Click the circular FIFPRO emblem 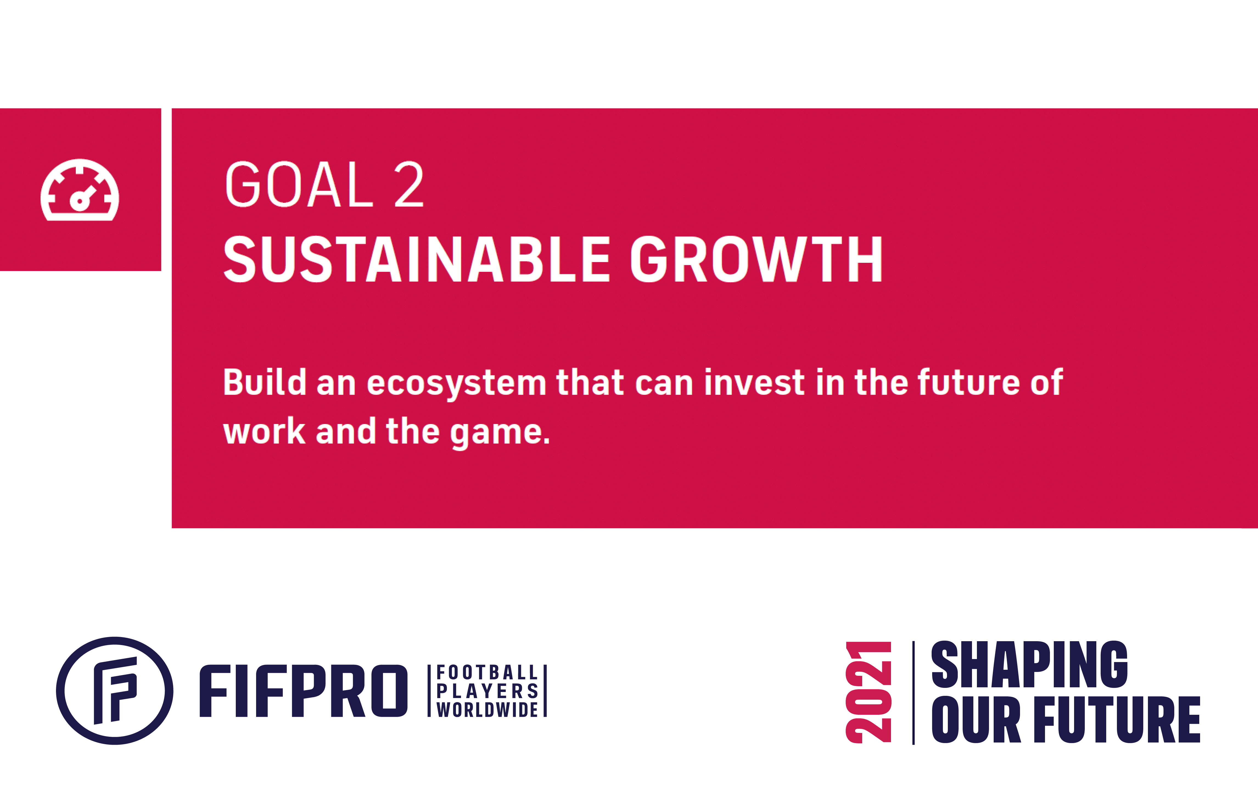[x=115, y=691]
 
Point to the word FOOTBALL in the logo [x=487, y=672]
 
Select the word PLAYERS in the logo [x=487, y=691]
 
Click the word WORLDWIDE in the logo [x=487, y=710]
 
